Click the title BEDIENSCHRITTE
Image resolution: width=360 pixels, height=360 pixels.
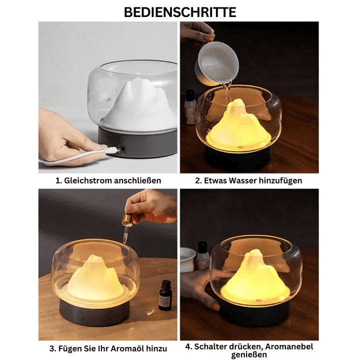click(180, 12)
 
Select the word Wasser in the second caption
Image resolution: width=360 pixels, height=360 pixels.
click(243, 180)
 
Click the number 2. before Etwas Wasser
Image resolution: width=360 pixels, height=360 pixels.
click(199, 180)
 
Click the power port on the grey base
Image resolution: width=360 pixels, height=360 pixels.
click(121, 149)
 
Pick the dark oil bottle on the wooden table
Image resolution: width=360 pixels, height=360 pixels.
click(165, 295)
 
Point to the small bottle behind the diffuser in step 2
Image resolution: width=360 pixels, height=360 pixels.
click(190, 106)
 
